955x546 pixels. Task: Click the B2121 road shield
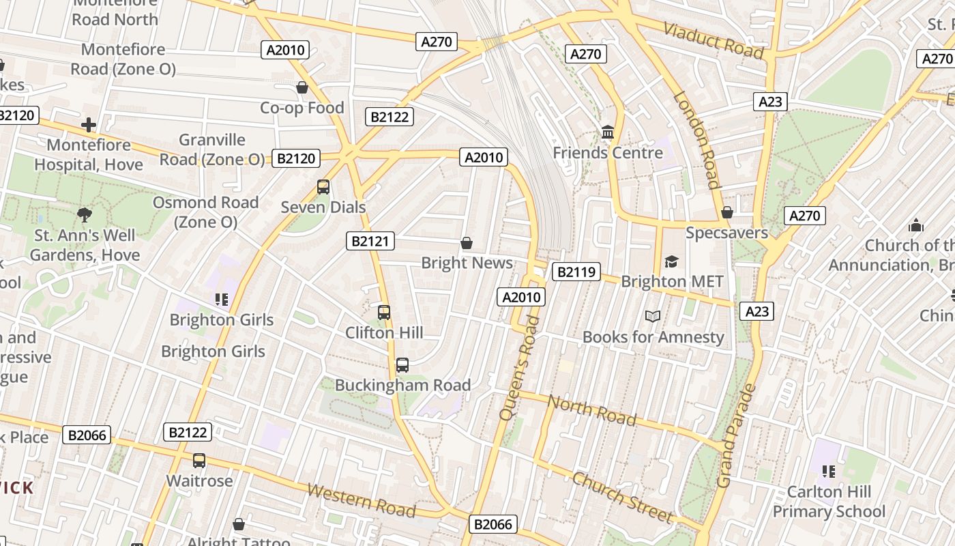point(370,240)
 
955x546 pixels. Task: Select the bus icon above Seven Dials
point(323,187)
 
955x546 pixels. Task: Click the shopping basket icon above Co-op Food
point(302,87)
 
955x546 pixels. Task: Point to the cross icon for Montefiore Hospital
point(88,125)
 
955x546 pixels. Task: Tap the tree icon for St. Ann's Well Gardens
point(85,215)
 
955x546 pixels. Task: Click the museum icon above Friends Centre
point(607,132)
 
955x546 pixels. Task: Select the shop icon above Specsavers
point(727,212)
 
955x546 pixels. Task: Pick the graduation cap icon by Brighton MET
point(672,261)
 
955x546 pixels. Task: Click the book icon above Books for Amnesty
point(653,316)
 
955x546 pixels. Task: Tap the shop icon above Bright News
point(467,242)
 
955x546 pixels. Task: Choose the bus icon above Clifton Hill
point(384,313)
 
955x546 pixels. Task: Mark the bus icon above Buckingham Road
point(402,364)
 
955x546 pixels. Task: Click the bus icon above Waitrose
point(199,461)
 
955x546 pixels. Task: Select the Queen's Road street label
point(519,367)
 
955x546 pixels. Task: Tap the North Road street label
point(591,410)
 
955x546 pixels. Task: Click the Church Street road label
point(621,496)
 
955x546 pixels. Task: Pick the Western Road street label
point(361,500)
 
